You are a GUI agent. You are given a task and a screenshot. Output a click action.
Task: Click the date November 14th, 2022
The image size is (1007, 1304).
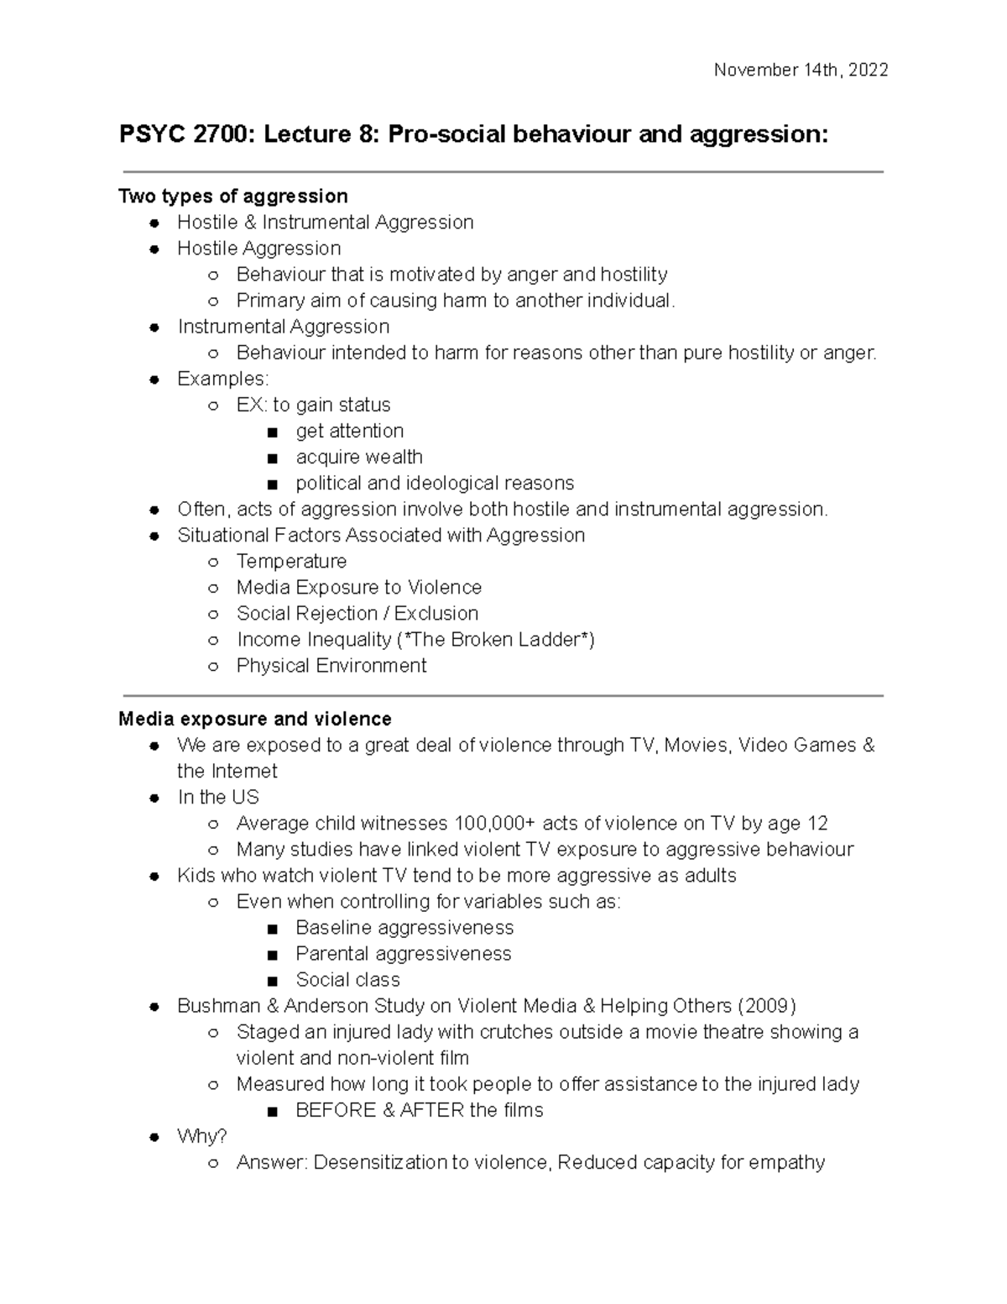pyautogui.click(x=801, y=71)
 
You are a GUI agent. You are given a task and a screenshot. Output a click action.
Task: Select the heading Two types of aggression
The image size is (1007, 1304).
pyautogui.click(x=233, y=196)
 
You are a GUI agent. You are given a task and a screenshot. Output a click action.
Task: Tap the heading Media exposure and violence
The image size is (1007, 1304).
pyautogui.click(x=255, y=719)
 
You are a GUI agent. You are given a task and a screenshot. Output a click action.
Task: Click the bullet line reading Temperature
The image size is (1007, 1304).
pyautogui.click(x=291, y=561)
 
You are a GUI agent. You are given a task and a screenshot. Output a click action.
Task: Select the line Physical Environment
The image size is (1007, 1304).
pyautogui.click(x=331, y=665)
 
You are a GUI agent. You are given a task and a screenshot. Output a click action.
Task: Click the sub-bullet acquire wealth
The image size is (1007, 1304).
pyautogui.click(x=359, y=457)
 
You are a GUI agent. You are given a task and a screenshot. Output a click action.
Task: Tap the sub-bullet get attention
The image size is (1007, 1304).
pyautogui.click(x=350, y=431)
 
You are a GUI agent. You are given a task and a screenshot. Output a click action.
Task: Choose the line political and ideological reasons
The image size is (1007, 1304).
pyautogui.click(x=435, y=483)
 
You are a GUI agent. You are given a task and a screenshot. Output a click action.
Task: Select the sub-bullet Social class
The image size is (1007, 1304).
pyautogui.click(x=347, y=979)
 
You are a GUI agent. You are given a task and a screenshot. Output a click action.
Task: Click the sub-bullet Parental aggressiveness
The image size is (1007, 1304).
pyautogui.click(x=404, y=953)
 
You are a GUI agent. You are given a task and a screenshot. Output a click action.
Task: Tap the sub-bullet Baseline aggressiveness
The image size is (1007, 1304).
pyautogui.click(x=404, y=927)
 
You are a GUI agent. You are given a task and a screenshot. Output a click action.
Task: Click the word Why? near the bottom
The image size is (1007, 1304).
pyautogui.click(x=202, y=1136)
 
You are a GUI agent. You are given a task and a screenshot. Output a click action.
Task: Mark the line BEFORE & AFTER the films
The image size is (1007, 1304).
pyautogui.click(x=420, y=1110)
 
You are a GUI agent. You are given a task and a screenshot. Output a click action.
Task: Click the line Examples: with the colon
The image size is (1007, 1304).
pyautogui.click(x=223, y=379)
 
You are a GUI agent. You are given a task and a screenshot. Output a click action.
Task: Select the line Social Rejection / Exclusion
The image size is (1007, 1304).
pyautogui.click(x=357, y=613)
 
